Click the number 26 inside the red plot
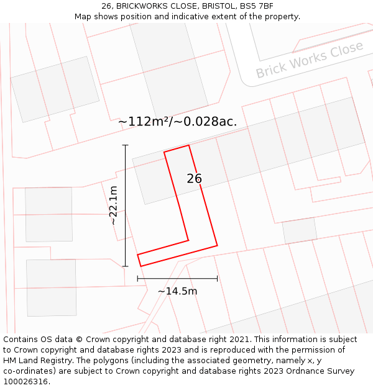(x=195, y=179)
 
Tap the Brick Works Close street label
(x=309, y=60)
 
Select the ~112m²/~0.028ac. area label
(x=178, y=122)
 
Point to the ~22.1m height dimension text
(x=113, y=205)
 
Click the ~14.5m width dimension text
(x=177, y=291)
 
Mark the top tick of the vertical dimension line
(x=126, y=145)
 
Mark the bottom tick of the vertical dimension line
(x=126, y=266)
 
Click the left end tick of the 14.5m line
(x=137, y=279)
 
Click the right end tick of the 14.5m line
(x=217, y=279)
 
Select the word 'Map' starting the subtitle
(x=83, y=16)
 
